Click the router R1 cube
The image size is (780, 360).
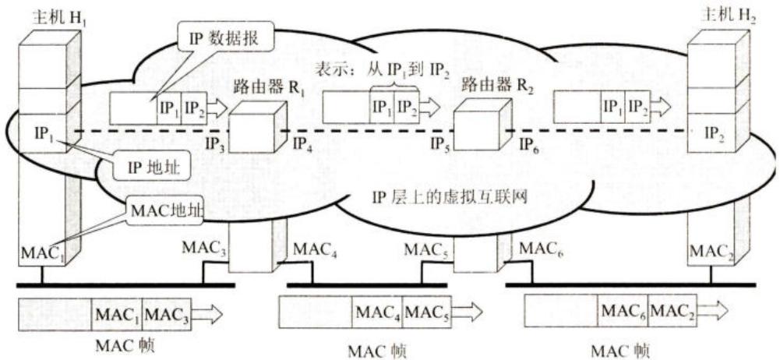coord(258,127)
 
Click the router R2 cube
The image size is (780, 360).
coord(482,124)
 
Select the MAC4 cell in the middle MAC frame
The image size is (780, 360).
coord(377,312)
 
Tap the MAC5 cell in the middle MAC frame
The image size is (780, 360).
coord(427,312)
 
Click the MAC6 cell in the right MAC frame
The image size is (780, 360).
coord(623,311)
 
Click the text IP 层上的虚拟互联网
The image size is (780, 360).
coord(450,196)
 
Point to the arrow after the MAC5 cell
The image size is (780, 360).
coord(467,312)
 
